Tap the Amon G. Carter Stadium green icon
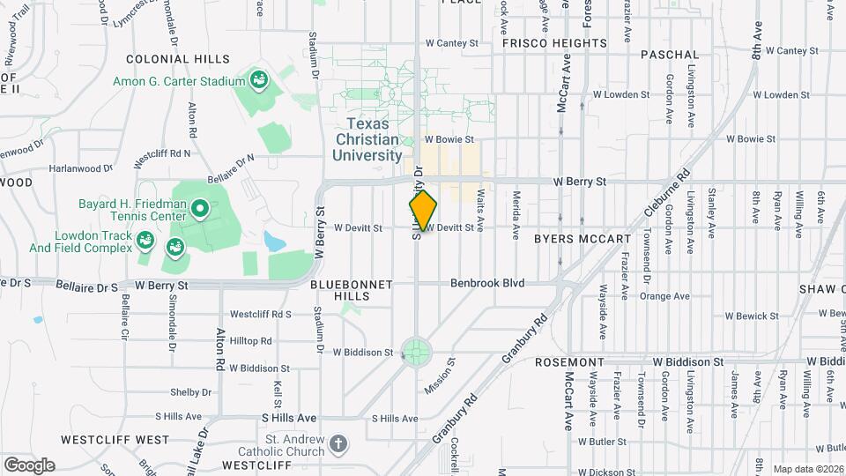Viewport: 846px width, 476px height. [x=258, y=81]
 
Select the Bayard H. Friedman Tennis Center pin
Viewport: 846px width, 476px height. [x=200, y=210]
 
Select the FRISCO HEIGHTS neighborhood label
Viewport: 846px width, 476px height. [x=555, y=43]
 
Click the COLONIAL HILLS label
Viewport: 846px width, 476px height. [x=177, y=59]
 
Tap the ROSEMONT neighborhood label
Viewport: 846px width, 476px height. [x=568, y=362]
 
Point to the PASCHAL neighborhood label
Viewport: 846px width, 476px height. [x=670, y=55]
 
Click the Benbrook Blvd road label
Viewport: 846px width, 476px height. [x=487, y=283]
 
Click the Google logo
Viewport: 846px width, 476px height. [x=29, y=465]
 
